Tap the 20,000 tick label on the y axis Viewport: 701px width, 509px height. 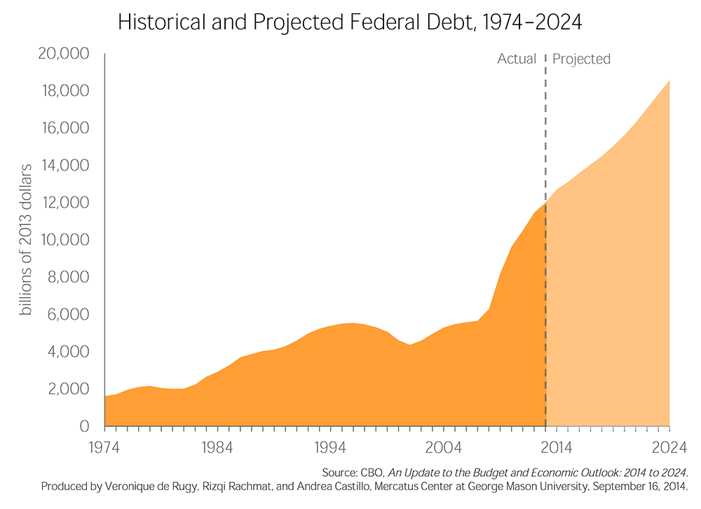pyautogui.click(x=65, y=55)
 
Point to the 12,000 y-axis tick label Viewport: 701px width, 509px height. pyautogui.click(x=65, y=203)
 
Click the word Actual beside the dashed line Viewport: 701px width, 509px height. pyautogui.click(x=517, y=59)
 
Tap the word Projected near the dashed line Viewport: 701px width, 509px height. pyautogui.click(x=581, y=59)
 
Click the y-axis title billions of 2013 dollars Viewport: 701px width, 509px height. pyautogui.click(x=26, y=240)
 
